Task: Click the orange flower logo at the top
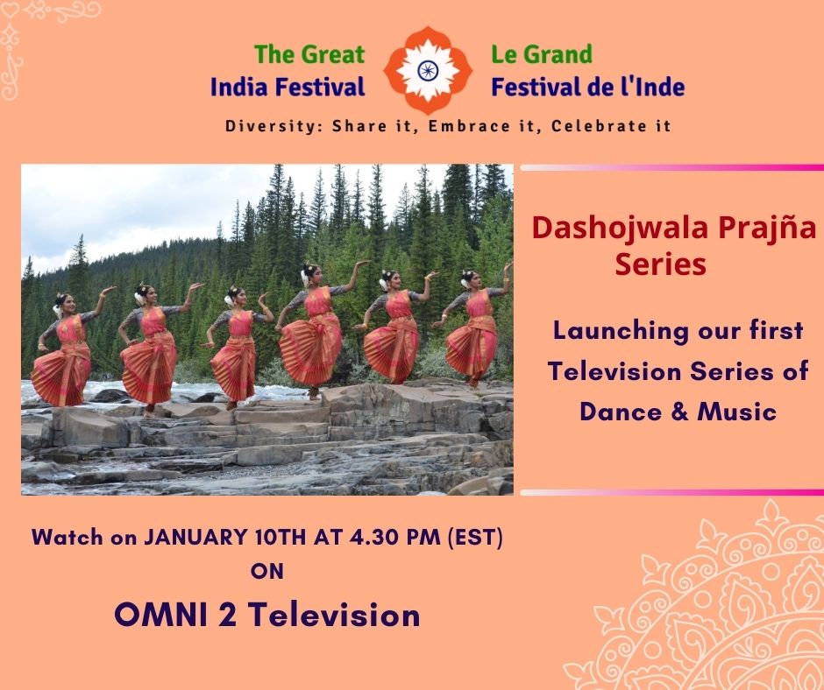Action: coord(428,70)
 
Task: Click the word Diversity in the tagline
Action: coord(271,126)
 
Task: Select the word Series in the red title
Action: coord(661,264)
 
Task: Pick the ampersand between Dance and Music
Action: coord(679,412)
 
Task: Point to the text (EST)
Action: coord(475,537)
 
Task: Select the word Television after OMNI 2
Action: coord(334,615)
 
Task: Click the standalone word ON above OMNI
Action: coord(267,571)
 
